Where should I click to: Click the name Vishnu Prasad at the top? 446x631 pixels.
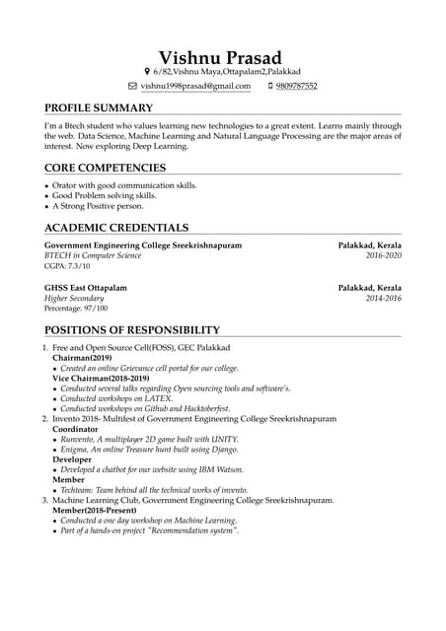click(220, 57)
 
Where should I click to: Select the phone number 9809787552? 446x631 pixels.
click(296, 86)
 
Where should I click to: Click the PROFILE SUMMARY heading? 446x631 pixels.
click(99, 107)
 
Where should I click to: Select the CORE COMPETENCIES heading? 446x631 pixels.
click(105, 168)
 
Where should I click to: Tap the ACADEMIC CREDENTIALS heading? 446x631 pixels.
click(115, 228)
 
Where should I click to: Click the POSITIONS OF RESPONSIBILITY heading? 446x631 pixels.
click(132, 329)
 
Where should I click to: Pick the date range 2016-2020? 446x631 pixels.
click(384, 255)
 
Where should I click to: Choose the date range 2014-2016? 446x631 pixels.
click(384, 298)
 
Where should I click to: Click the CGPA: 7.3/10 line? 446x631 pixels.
click(67, 266)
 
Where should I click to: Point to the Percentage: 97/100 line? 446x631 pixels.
click(76, 309)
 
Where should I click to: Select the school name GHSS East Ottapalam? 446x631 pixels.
click(86, 287)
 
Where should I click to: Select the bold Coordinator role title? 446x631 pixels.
click(76, 429)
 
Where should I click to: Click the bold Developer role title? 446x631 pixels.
click(72, 459)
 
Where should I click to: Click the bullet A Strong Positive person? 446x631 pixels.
click(97, 206)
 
